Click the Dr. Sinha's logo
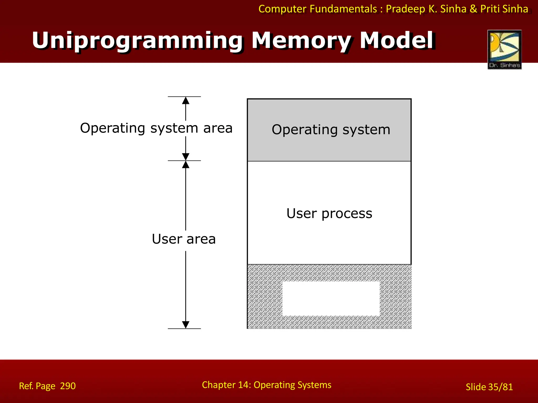[x=504, y=49]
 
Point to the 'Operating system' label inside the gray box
[x=331, y=130]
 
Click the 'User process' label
[x=329, y=213]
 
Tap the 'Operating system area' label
[x=156, y=128]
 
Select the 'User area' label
[x=184, y=239]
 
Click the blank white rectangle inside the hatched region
[x=331, y=298]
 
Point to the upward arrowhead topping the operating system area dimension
[x=186, y=100]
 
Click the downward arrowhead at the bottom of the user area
[x=186, y=325]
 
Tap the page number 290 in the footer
[x=68, y=386]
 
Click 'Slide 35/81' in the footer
[x=489, y=387]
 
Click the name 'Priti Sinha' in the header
[x=504, y=9]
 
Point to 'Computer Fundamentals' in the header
[x=318, y=9]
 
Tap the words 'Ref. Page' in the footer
[x=37, y=386]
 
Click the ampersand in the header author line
[x=473, y=9]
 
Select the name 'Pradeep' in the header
[x=405, y=9]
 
